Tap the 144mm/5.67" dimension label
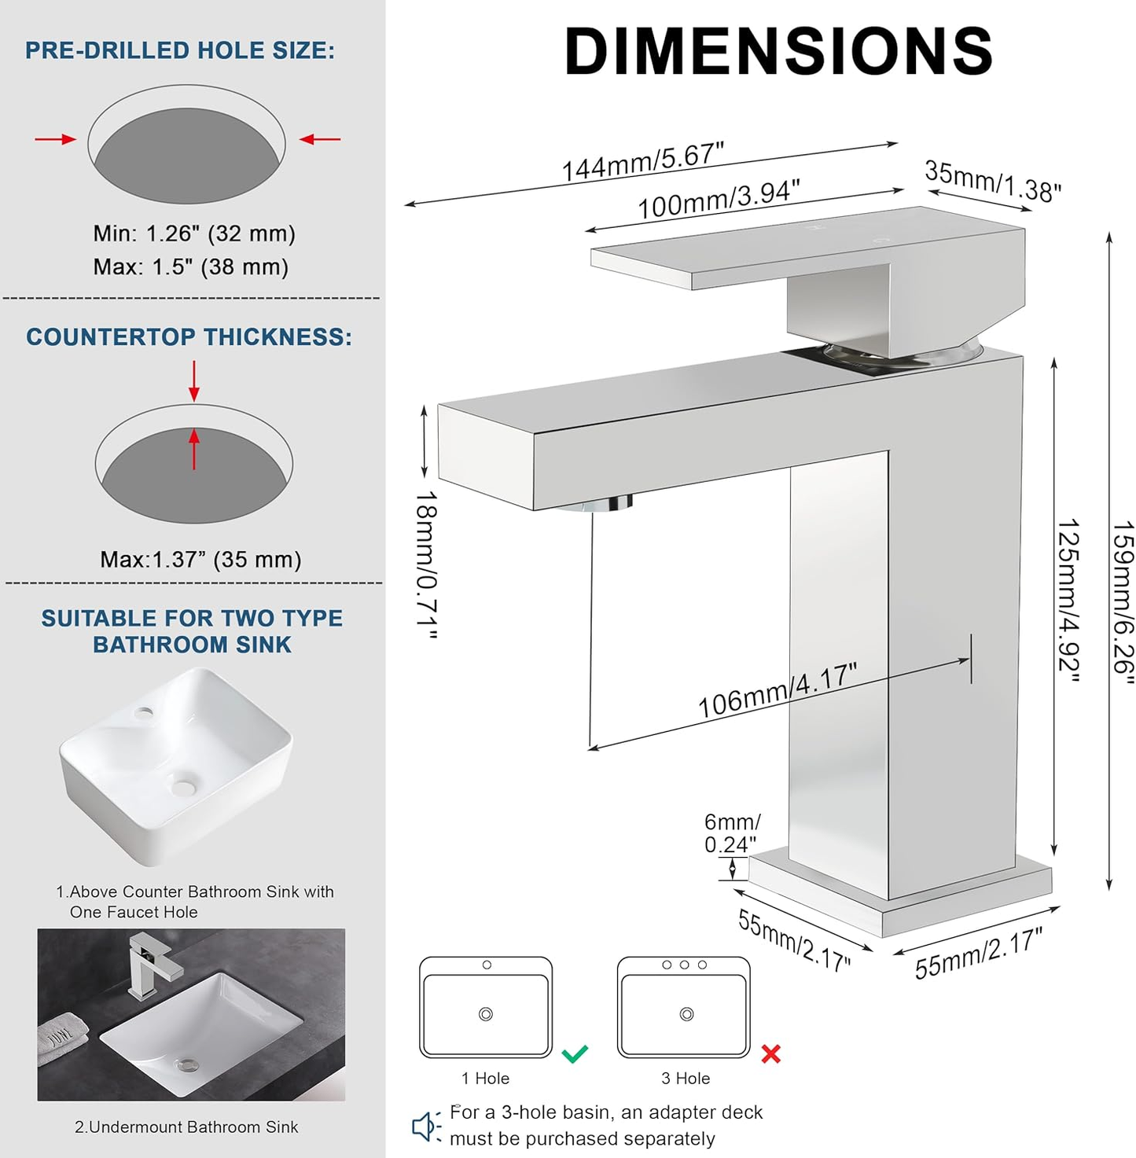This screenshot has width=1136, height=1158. point(642,162)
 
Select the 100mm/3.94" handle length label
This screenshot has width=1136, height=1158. point(719,200)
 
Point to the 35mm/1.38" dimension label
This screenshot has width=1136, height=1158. point(992,181)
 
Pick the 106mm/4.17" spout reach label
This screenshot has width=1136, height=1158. point(778,689)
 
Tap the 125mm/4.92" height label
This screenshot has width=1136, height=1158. point(1068,601)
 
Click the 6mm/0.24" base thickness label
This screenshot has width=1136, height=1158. point(731,833)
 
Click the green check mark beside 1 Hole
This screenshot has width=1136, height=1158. point(575,1053)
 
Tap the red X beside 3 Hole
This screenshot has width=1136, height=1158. point(770,1054)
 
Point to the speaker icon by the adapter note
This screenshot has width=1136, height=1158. point(426,1126)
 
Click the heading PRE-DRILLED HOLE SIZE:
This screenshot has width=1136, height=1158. point(180,50)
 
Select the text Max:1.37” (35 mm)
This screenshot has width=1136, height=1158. point(200,560)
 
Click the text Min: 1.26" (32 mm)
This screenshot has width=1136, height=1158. point(194,233)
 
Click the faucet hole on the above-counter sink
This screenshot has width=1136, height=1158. point(144,712)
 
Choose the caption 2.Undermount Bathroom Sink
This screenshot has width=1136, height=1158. point(186,1127)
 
